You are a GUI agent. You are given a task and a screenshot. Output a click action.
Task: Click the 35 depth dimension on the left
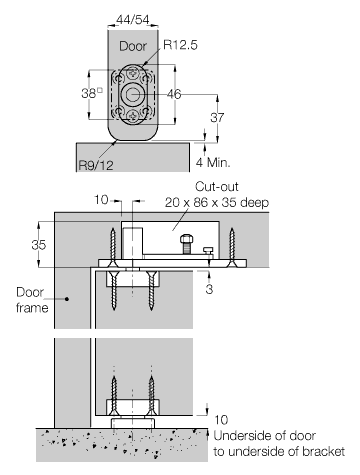(39, 242)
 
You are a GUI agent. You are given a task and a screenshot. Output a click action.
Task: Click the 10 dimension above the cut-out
(100, 200)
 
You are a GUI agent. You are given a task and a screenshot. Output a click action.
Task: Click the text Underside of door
(257, 437)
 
